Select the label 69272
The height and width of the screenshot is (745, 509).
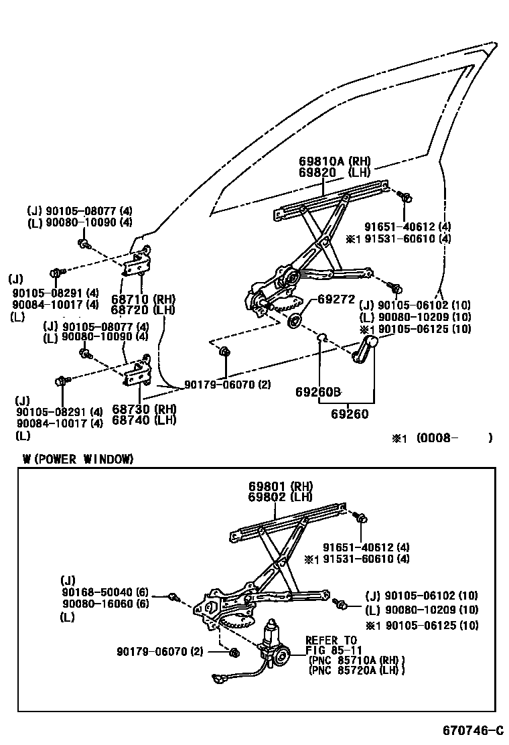click(336, 299)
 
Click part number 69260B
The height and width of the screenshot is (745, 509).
click(318, 391)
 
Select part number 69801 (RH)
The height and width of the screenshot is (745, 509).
click(280, 486)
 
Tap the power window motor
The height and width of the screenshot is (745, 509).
click(274, 644)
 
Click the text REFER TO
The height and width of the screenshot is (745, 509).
click(331, 640)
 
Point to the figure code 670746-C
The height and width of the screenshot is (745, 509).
click(472, 728)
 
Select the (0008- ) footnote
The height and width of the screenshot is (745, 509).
click(443, 438)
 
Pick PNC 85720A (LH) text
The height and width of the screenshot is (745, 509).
click(357, 670)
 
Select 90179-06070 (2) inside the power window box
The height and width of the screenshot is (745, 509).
click(159, 651)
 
